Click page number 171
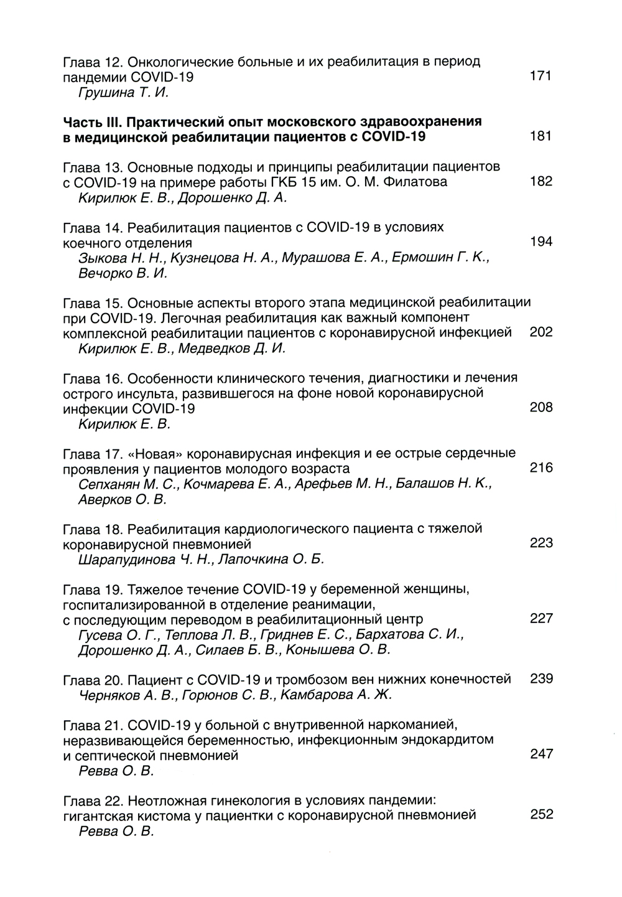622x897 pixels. coord(541,77)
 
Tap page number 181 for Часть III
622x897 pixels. coord(541,136)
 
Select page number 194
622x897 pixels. coord(541,242)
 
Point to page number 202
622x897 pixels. coord(541,332)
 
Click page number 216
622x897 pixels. coord(541,468)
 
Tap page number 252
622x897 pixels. coord(541,815)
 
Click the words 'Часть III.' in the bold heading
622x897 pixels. coord(95,122)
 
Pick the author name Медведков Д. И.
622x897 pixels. coord(232,349)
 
